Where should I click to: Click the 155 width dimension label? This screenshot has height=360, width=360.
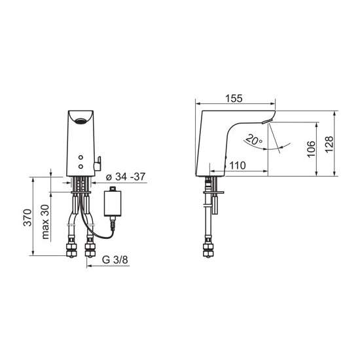(234, 98)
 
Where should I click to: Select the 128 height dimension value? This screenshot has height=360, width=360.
(329, 144)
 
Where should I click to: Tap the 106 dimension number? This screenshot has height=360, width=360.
(311, 149)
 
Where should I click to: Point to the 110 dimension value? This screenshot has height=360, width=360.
(238, 166)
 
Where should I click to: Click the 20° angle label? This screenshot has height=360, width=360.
(254, 139)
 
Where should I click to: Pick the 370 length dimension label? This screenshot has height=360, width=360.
(27, 217)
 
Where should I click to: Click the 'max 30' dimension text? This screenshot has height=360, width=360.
(45, 222)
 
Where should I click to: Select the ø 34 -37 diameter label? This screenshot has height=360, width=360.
(126, 177)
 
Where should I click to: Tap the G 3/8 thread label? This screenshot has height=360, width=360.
(115, 260)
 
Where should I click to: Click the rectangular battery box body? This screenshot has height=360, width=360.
(113, 203)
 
